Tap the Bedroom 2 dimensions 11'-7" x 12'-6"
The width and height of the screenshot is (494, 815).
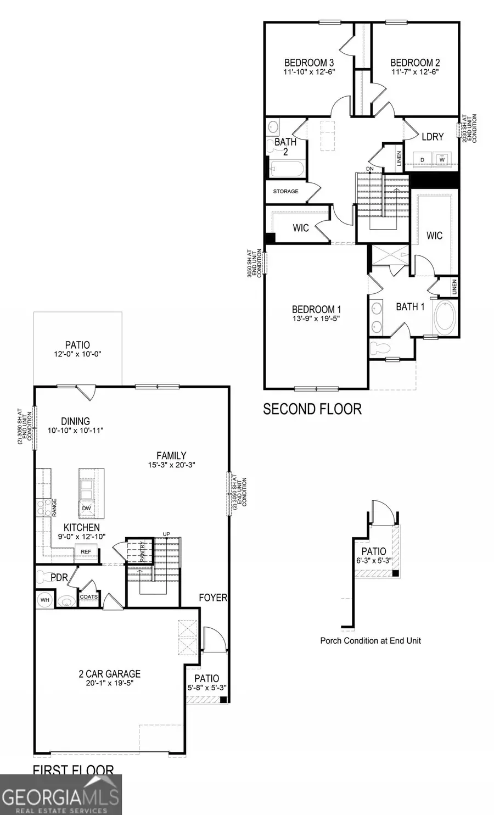pyautogui.click(x=415, y=72)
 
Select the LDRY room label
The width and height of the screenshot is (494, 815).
pyautogui.click(x=433, y=136)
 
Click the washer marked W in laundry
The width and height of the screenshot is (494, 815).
pyautogui.click(x=442, y=159)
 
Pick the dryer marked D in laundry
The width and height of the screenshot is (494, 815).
pyautogui.click(x=423, y=159)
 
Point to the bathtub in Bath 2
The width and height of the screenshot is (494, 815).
pyautogui.click(x=287, y=169)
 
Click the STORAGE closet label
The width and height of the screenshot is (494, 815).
pyautogui.click(x=286, y=192)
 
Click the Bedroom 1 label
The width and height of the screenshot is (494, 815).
pyautogui.click(x=316, y=309)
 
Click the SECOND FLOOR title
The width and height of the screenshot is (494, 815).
pyautogui.click(x=312, y=409)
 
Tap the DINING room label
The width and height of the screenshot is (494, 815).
pyautogui.click(x=76, y=422)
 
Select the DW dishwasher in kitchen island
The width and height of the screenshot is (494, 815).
pyautogui.click(x=87, y=509)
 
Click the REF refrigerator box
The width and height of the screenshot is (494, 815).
pyautogui.click(x=86, y=551)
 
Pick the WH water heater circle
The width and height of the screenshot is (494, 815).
pyautogui.click(x=45, y=600)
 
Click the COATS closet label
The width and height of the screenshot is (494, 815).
pyautogui.click(x=88, y=597)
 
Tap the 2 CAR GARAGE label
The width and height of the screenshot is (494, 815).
pyautogui.click(x=109, y=674)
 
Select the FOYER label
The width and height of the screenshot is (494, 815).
pyautogui.click(x=213, y=597)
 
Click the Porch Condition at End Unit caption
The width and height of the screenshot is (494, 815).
pyautogui.click(x=370, y=640)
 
